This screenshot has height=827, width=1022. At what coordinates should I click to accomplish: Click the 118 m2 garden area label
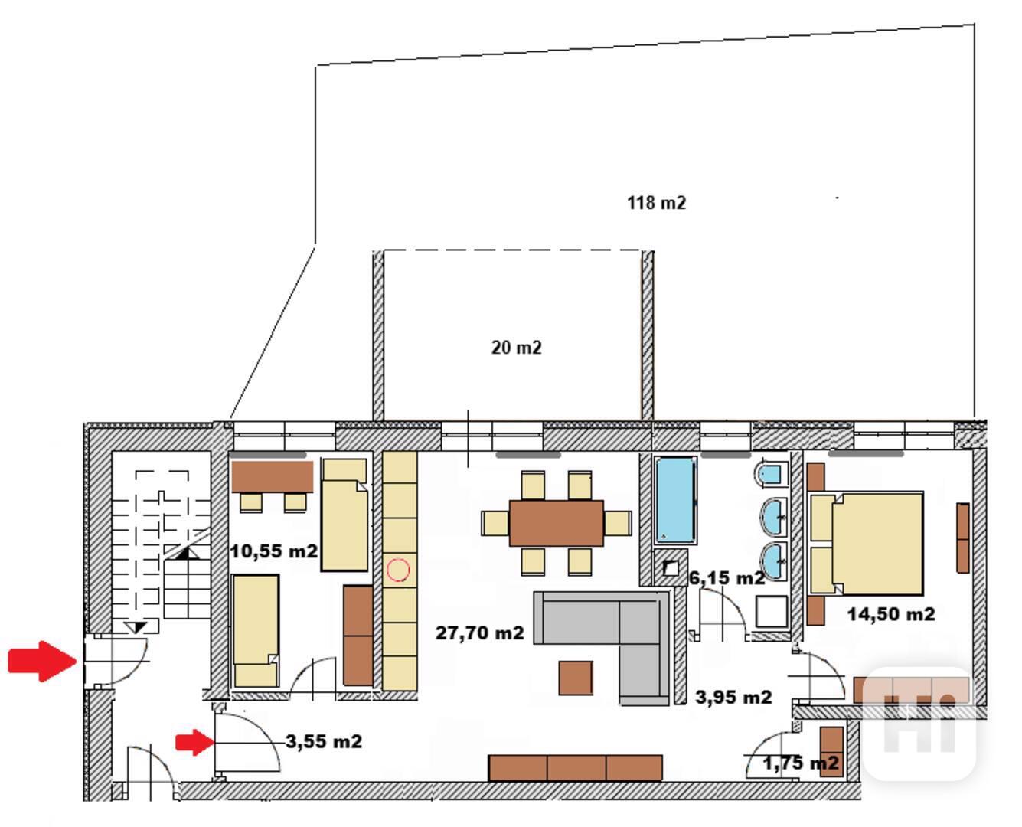(x=656, y=203)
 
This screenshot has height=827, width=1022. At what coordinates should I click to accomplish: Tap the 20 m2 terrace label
(x=516, y=348)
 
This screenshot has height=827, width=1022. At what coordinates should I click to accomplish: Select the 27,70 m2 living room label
(x=479, y=633)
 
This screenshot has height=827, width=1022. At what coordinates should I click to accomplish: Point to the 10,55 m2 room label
(x=273, y=551)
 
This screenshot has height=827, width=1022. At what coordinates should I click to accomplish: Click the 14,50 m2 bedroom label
(x=891, y=614)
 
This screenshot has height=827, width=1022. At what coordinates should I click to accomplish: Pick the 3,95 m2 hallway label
(x=733, y=697)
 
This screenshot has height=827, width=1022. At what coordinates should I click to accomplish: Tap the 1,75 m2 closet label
(x=801, y=763)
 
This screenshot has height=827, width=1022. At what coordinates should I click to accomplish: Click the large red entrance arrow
(x=42, y=662)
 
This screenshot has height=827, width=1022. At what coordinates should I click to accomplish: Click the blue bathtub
(x=675, y=500)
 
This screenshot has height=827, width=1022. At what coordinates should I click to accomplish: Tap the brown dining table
(x=556, y=523)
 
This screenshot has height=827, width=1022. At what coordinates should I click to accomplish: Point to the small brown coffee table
(x=576, y=678)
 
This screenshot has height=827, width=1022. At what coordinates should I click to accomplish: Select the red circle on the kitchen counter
(x=398, y=570)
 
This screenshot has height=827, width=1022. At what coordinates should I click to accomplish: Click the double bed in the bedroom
(x=867, y=544)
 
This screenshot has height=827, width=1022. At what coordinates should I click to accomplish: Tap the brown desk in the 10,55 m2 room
(x=273, y=476)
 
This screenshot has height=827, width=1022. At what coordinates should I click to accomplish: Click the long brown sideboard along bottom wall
(x=575, y=768)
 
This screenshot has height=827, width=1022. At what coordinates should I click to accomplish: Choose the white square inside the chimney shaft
(x=671, y=568)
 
